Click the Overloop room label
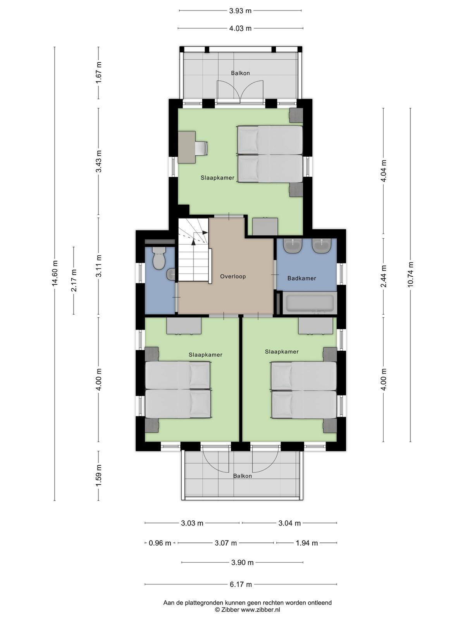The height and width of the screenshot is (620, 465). click(233, 276)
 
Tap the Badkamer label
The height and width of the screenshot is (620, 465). click(301, 278)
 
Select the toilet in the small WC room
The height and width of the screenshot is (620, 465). click(158, 258)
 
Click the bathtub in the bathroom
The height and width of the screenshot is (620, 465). click(310, 304)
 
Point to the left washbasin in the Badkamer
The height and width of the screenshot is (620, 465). click(294, 246)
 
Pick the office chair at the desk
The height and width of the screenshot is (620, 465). click(202, 148)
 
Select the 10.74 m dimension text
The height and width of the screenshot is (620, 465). click(410, 274)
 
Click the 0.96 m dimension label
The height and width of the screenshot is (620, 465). click(160, 543)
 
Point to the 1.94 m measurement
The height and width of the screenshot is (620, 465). click(307, 543)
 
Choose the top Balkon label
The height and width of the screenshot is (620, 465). click(240, 73)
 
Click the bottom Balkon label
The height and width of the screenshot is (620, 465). click(242, 476)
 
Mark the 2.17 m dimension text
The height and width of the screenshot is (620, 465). click(74, 280)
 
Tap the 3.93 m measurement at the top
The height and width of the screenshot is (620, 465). click(240, 11)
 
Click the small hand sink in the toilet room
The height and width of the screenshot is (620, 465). click(171, 274)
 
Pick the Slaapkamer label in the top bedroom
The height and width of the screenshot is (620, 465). click(217, 177)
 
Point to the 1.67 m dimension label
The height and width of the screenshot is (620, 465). click(98, 72)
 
